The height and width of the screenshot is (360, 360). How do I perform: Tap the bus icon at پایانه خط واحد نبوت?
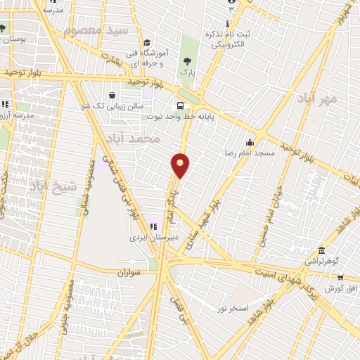point(181,105)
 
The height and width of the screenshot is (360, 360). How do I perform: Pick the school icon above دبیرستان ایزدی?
point(154,226)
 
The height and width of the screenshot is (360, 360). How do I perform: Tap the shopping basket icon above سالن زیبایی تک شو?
point(112,95)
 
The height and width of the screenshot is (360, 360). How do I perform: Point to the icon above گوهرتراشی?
point(321,251)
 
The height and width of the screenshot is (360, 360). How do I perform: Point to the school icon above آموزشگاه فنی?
point(146,43)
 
